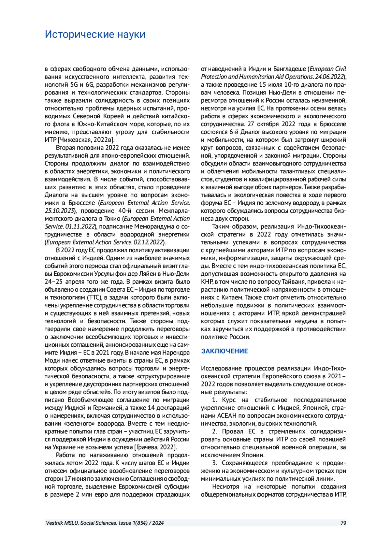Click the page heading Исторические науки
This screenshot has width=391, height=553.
[95, 34]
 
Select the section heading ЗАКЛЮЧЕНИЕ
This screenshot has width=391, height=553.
[224, 351]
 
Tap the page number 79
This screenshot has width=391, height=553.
[343, 523]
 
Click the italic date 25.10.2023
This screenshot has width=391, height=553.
[60, 211]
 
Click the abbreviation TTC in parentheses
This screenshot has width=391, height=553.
[94, 298]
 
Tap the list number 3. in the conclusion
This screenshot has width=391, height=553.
[215, 463]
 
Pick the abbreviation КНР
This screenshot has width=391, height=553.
[207, 282]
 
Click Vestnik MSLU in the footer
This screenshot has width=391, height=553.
[62, 523]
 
